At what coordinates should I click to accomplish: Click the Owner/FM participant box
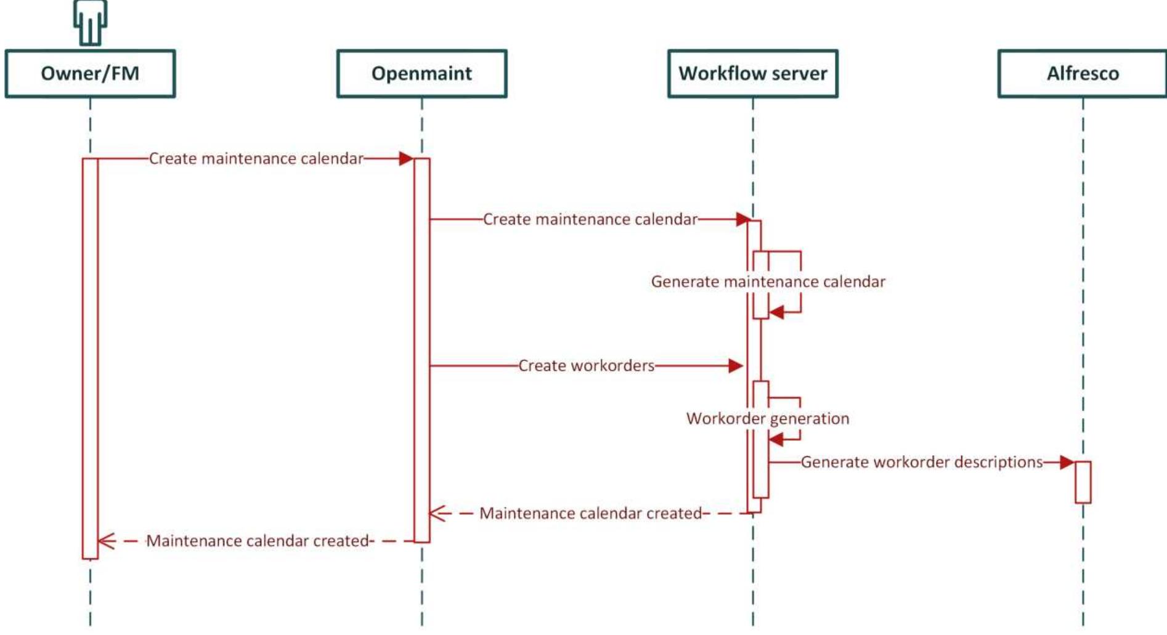click(x=90, y=74)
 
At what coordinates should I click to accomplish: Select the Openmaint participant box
click(x=421, y=74)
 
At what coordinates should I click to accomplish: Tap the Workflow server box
click(x=752, y=74)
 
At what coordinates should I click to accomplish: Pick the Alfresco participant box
click(x=1082, y=74)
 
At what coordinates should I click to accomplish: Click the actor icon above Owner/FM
click(x=90, y=22)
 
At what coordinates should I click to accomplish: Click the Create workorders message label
click(x=586, y=366)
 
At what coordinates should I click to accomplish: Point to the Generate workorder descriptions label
click(x=921, y=462)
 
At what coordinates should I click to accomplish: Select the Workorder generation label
click(x=768, y=419)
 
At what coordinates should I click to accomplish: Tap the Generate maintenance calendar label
click(x=768, y=281)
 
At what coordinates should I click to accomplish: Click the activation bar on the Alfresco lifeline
click(x=1083, y=482)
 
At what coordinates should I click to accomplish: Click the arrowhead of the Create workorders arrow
click(x=736, y=366)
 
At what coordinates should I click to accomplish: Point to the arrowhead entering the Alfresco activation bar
click(x=1067, y=462)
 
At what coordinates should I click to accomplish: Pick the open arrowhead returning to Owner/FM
click(x=107, y=541)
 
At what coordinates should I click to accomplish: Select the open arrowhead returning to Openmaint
click(x=437, y=514)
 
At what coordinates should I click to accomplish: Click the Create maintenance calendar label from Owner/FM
click(x=256, y=159)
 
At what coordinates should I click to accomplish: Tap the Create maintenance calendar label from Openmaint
click(x=590, y=219)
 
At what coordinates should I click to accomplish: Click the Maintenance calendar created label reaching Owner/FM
click(x=258, y=541)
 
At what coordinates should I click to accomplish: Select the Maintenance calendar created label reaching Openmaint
click(x=590, y=514)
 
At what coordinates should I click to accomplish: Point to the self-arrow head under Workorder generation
click(x=776, y=439)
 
